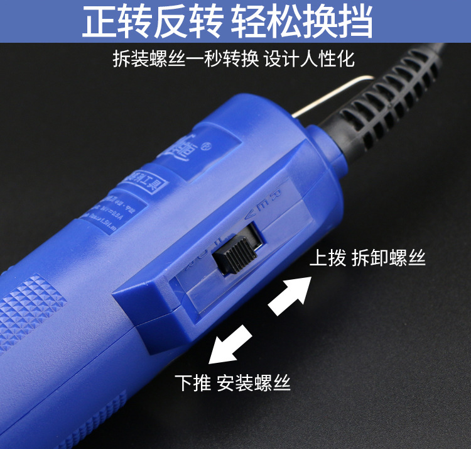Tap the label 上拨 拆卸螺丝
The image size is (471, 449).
(x=367, y=258)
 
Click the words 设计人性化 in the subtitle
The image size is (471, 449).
(x=309, y=59)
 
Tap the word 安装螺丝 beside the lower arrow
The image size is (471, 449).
(x=254, y=382)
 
